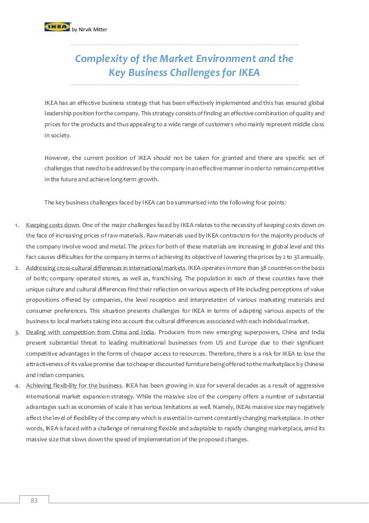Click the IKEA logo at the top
(57, 26)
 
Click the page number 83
(34, 501)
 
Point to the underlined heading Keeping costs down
(53, 224)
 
